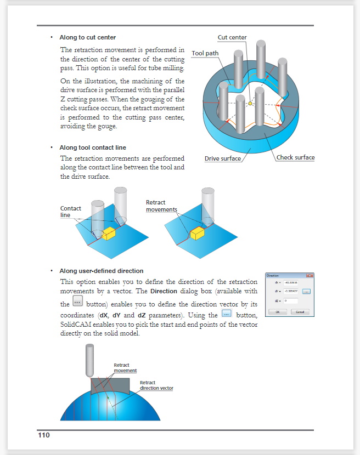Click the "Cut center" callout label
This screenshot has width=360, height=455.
(x=232, y=38)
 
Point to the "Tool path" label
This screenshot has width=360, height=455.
(x=205, y=54)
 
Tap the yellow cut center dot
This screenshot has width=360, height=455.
(x=250, y=103)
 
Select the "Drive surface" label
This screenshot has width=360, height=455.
(x=223, y=159)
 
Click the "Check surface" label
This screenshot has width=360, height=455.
(x=295, y=158)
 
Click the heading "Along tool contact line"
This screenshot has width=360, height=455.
(x=92, y=148)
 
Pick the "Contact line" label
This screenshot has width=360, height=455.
(x=71, y=212)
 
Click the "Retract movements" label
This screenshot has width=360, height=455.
(x=161, y=206)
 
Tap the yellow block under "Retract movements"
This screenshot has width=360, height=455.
(x=197, y=234)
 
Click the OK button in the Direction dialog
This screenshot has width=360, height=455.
(x=278, y=311)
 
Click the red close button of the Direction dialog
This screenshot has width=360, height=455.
(x=310, y=275)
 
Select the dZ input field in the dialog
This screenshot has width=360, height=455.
(x=291, y=301)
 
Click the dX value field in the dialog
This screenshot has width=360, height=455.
(x=291, y=282)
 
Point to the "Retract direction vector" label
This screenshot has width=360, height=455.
(x=156, y=385)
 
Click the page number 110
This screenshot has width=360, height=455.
(x=44, y=435)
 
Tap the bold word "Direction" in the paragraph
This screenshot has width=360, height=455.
(x=165, y=291)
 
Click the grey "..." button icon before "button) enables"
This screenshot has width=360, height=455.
(x=78, y=303)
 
